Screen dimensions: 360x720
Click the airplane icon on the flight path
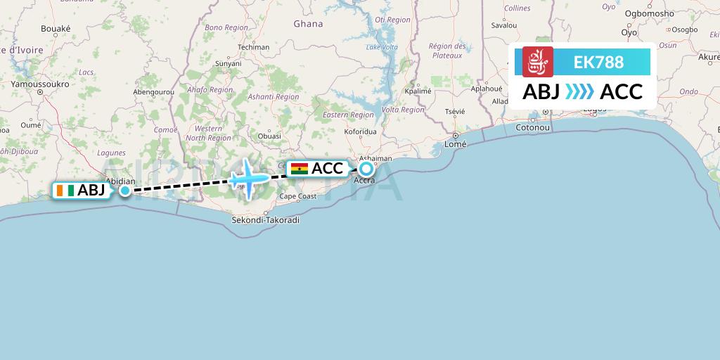coord(247,176)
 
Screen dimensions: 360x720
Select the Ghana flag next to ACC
coord(300,169)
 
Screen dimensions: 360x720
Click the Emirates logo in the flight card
coord(538,62)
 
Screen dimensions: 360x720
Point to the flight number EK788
coord(598,62)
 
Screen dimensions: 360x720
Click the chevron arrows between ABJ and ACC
coord(579,92)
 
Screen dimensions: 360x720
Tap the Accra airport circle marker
coord(366,169)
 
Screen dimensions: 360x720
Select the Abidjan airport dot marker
coord(124,190)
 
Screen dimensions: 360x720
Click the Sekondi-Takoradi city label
coord(265,220)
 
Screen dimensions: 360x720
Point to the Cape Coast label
coord(298,197)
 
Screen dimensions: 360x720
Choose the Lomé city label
coord(456,144)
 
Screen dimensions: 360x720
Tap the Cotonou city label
coord(532,127)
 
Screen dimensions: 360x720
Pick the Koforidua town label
coord(361,131)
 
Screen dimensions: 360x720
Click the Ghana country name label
coord(308,24)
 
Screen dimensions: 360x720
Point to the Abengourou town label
coord(153,91)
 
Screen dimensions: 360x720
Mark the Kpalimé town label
coord(418,91)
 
